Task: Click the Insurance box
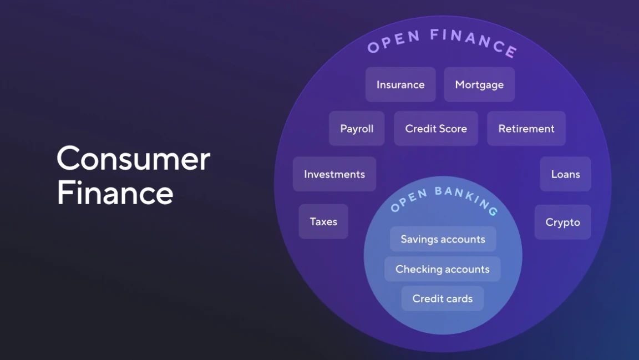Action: (400, 84)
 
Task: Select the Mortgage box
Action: (479, 84)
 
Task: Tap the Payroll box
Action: (357, 129)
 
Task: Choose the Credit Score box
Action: (436, 129)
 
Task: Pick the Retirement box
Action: (526, 129)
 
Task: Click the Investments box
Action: (334, 174)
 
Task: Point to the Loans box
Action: (565, 174)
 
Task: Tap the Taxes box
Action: (323, 221)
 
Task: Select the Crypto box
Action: (563, 222)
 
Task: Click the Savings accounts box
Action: (443, 239)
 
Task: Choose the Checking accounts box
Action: (443, 269)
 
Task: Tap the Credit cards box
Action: (443, 298)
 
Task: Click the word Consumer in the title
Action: (134, 159)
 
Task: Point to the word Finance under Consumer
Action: (115, 192)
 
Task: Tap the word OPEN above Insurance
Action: (394, 41)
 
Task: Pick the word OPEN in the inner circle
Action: (409, 200)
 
